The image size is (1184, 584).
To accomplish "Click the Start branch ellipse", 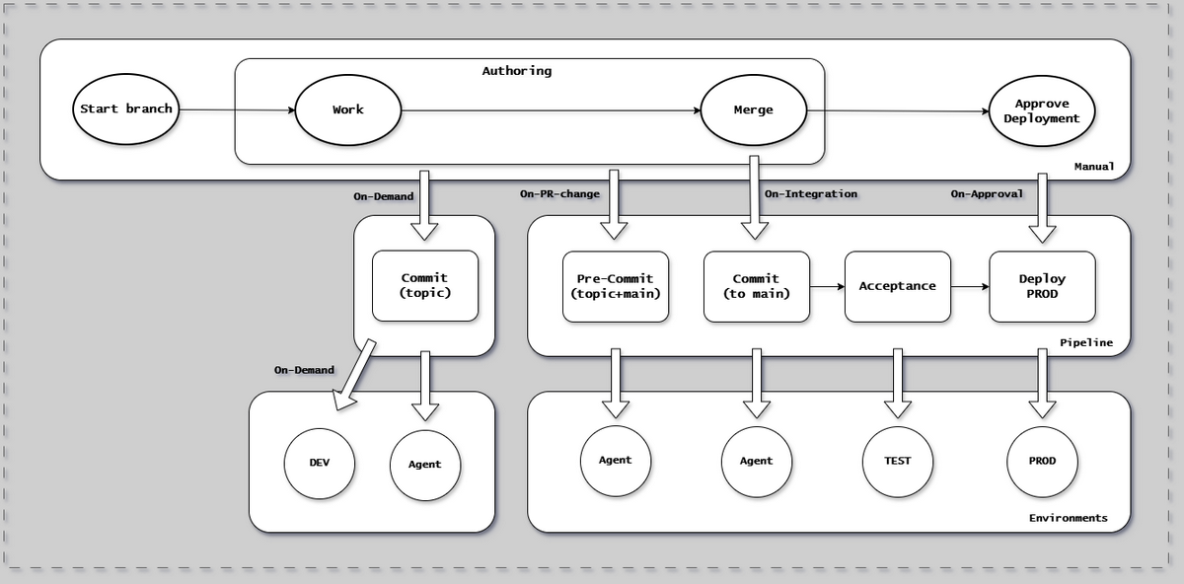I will [x=126, y=109].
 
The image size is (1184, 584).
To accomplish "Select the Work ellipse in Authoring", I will [x=347, y=109].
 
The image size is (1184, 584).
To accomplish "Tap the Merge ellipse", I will [x=753, y=109].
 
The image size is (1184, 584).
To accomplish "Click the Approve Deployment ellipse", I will [x=1042, y=110].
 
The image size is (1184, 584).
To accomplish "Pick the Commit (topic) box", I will [x=424, y=285].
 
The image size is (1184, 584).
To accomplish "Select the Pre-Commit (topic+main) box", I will [x=615, y=286].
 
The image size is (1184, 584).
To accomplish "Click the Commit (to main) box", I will [x=756, y=286].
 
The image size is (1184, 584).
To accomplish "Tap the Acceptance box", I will [x=897, y=286].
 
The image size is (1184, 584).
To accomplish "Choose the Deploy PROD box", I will [x=1042, y=286].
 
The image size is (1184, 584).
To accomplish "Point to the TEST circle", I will [x=897, y=461].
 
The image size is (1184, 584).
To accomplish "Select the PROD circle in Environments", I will [x=1042, y=461].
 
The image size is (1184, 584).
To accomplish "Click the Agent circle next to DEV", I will [x=424, y=464].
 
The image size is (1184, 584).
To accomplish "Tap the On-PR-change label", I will [x=559, y=194].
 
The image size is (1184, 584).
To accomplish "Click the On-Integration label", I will [x=810, y=194].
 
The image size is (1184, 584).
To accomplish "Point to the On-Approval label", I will [x=987, y=194].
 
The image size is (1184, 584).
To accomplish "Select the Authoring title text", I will [x=516, y=71].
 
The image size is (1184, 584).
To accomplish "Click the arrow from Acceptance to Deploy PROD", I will [x=969, y=287].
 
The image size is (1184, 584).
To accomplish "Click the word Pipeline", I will [x=1085, y=342].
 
